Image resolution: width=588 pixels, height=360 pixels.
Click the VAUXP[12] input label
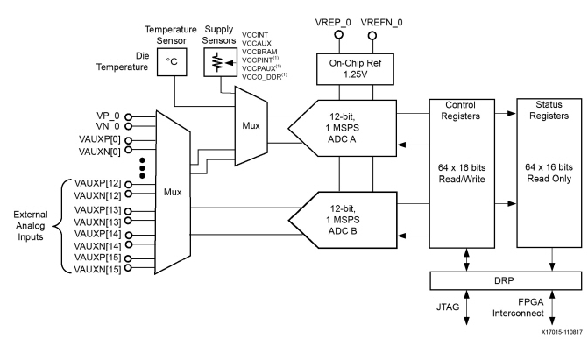click(x=95, y=184)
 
